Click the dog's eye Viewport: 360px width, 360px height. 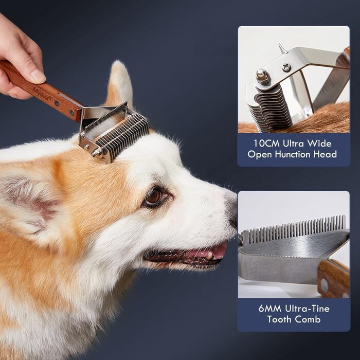pyautogui.click(x=154, y=197)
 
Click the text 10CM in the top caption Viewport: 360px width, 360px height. pyautogui.click(x=266, y=143)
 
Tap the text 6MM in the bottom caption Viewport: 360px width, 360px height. pyautogui.click(x=270, y=309)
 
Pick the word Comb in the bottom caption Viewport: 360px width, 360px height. pyautogui.click(x=308, y=319)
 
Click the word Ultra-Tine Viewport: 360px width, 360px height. pyautogui.click(x=307, y=309)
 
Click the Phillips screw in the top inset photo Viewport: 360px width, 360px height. pyautogui.click(x=286, y=67)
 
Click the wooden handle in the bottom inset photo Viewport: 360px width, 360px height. pyautogui.click(x=333, y=278)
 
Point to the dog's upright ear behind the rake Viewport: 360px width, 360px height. pyautogui.click(x=120, y=85)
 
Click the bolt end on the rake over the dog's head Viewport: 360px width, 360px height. pyautogui.click(x=97, y=152)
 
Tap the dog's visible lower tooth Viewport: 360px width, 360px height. pyautogui.click(x=209, y=256)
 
